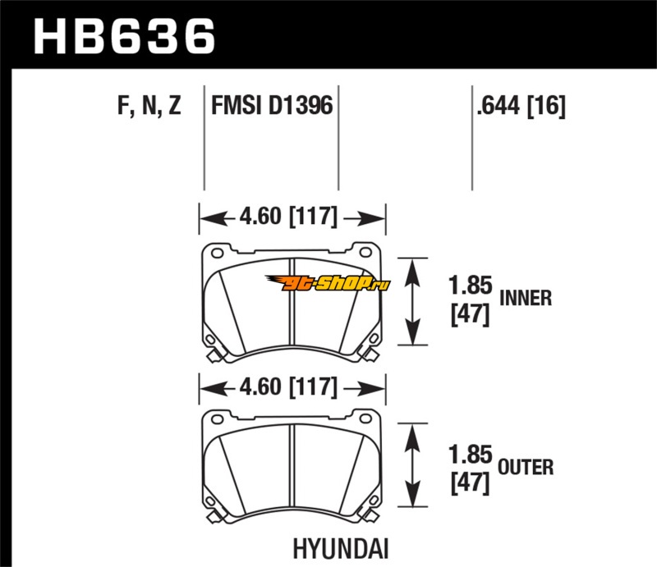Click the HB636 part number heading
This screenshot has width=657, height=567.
pos(124,36)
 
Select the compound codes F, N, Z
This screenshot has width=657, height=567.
pos(149,106)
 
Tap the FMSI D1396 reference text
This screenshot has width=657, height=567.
pos(272,105)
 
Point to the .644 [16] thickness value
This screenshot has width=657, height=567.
pos(521,106)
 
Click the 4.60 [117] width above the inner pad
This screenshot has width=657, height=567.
pos(288,217)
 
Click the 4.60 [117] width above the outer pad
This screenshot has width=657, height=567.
pos(288,386)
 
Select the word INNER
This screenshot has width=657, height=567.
pos(526,298)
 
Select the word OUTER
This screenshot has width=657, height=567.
pos(526,468)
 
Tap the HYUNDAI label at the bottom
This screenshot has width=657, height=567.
pos(340,549)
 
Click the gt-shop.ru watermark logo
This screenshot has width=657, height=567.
pos(327,283)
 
